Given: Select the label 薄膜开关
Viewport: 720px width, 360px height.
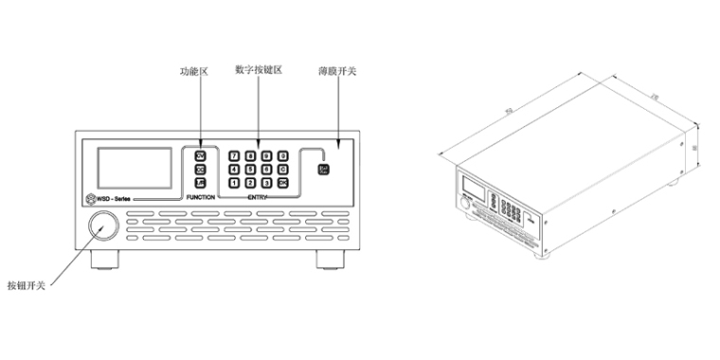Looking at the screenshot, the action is (x=337, y=71).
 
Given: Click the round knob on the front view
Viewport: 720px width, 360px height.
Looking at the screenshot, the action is (x=103, y=225).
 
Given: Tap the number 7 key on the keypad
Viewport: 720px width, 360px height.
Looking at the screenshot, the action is (x=236, y=154).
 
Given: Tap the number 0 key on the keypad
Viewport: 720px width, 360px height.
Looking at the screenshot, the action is (x=282, y=154).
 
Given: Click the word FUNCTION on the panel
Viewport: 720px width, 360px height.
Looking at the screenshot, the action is (x=201, y=197).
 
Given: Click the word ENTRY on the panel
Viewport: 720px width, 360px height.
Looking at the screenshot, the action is (x=258, y=197).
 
